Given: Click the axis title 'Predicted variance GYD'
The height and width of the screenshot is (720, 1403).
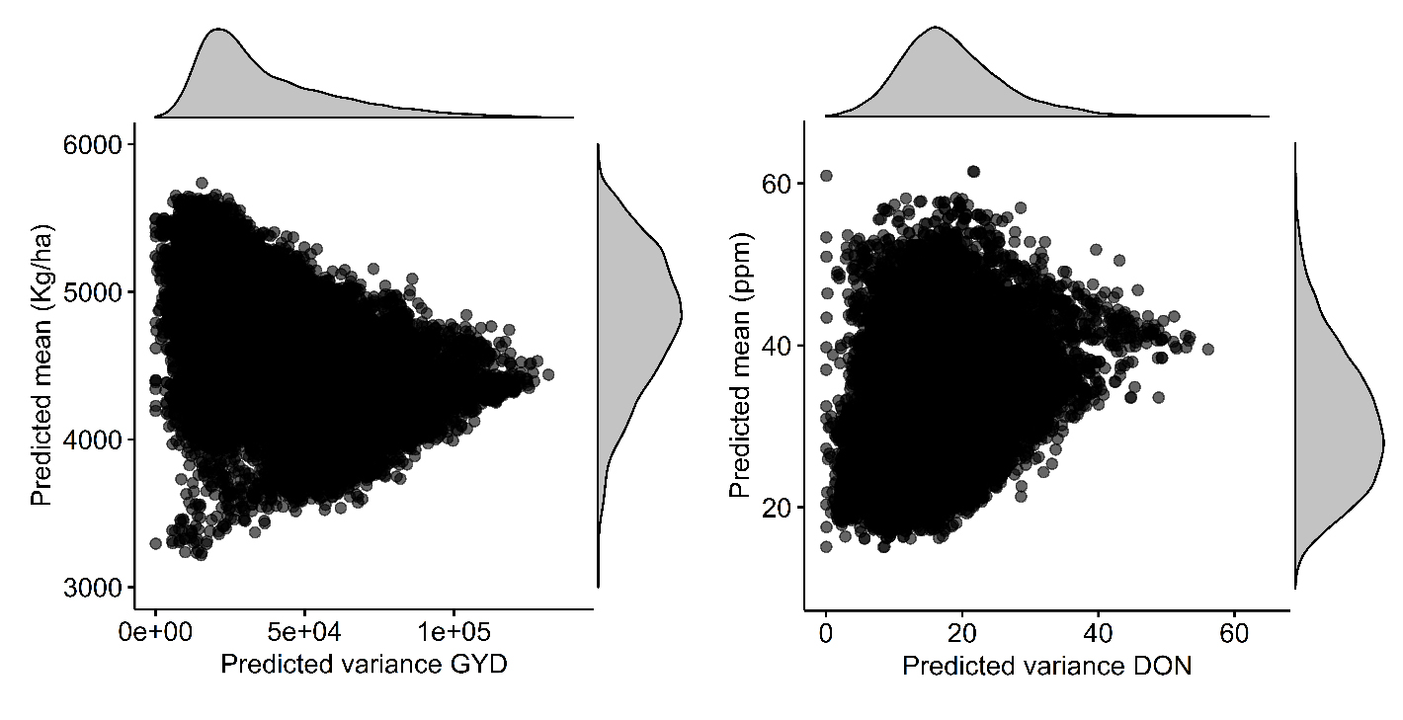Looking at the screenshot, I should pos(364,665).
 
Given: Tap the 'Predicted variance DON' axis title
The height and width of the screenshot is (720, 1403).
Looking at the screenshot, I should pos(1047,667).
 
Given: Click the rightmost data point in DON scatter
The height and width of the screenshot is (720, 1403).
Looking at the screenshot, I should pos(1207,350).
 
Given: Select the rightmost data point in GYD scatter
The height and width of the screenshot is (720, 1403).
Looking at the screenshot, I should pos(548,374).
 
